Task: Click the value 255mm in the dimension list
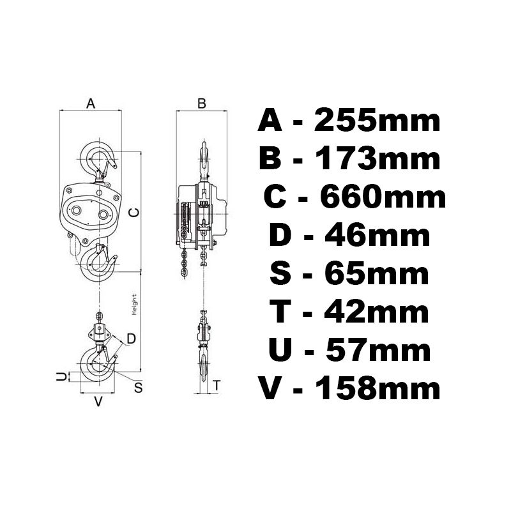pyautogui.click(x=377, y=121)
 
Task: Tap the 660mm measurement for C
pyautogui.click(x=383, y=198)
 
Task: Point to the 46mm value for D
pyautogui.click(x=377, y=236)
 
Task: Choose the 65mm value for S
pyautogui.click(x=376, y=274)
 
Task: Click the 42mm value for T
pyautogui.click(x=376, y=312)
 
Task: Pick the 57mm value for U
pyautogui.click(x=378, y=351)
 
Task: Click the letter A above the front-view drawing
pyautogui.click(x=91, y=103)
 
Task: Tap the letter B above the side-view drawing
pyautogui.click(x=202, y=103)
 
